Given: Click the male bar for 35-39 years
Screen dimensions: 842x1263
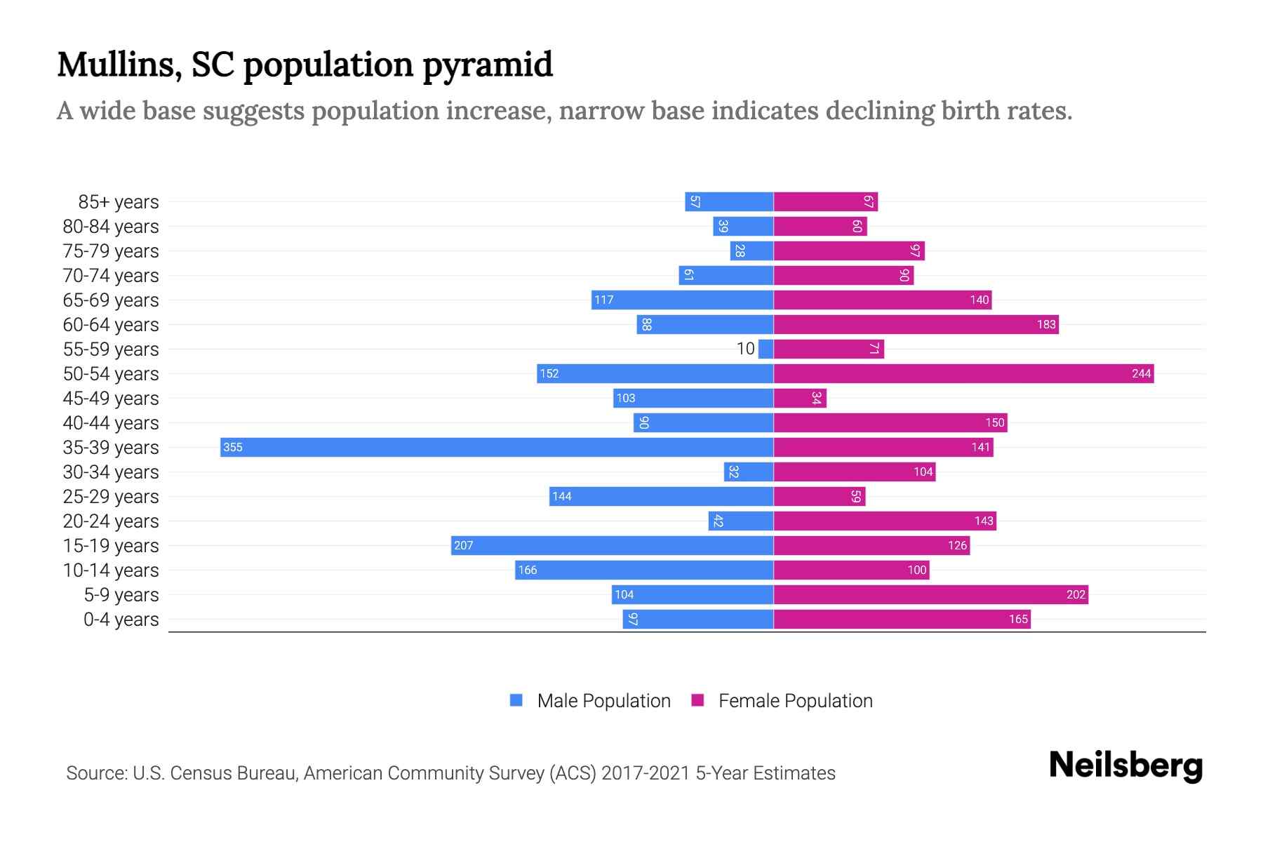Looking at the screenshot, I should [x=497, y=447].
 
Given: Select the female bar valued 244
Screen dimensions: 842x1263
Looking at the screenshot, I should [x=963, y=373].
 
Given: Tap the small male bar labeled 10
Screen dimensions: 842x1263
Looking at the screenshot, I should [x=766, y=349].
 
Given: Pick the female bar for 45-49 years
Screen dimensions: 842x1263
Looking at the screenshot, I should [x=800, y=398].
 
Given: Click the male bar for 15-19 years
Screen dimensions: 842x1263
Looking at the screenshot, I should [x=612, y=545].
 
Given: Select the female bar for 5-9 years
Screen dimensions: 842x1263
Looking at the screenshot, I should [x=930, y=594].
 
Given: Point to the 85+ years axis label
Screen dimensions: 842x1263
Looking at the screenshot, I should [x=118, y=202].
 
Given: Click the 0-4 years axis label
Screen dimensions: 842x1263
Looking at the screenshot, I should [x=121, y=620].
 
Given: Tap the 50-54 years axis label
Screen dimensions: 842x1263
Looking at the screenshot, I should [x=111, y=374].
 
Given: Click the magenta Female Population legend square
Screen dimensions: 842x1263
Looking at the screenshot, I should [x=697, y=700].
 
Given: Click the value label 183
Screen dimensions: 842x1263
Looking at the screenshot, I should [x=1045, y=324].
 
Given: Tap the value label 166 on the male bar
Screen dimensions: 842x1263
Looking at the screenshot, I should [x=527, y=570].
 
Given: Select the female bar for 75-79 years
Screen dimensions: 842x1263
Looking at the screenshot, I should [x=849, y=250].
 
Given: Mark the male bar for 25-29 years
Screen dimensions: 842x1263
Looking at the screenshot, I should [x=661, y=496].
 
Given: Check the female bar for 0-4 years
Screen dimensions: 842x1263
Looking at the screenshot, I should [x=902, y=619].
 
